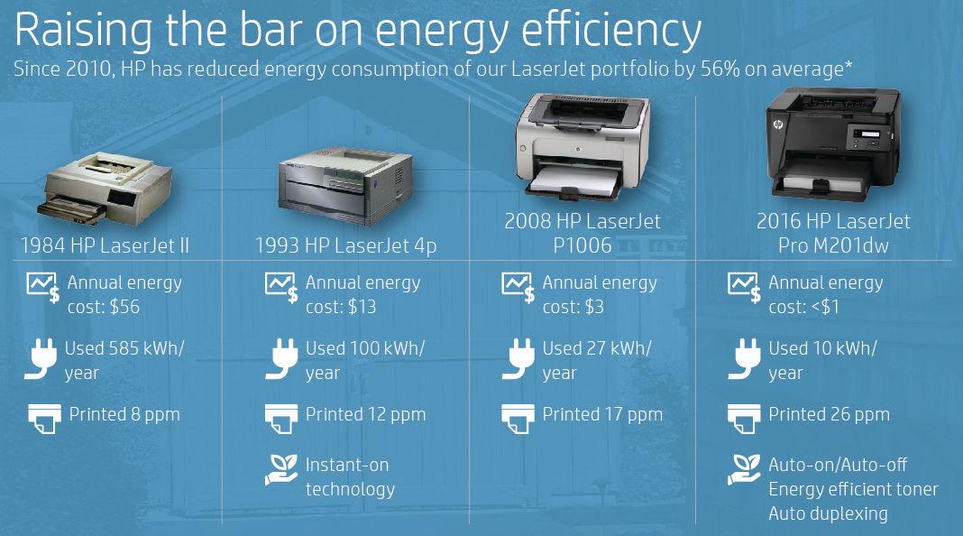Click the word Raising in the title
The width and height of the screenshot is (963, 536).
(84, 30)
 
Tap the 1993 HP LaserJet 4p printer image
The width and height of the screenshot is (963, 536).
(345, 186)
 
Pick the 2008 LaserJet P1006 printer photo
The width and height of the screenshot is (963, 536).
(582, 147)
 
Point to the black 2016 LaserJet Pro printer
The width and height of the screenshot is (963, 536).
(833, 143)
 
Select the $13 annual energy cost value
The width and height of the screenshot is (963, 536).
(362, 307)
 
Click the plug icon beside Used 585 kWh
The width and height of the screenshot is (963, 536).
(41, 359)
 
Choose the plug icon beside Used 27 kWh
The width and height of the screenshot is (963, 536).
(518, 359)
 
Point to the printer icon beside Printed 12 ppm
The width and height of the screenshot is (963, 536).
(281, 419)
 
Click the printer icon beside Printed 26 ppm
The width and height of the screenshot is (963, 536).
(744, 419)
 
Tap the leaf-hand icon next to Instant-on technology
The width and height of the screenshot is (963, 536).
(281, 470)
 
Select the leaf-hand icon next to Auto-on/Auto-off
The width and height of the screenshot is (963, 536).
(744, 470)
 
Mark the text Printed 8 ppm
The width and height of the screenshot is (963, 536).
(124, 415)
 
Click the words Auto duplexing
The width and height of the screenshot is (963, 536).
(828, 513)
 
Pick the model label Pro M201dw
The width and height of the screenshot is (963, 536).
(833, 245)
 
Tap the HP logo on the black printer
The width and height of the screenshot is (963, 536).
(778, 125)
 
